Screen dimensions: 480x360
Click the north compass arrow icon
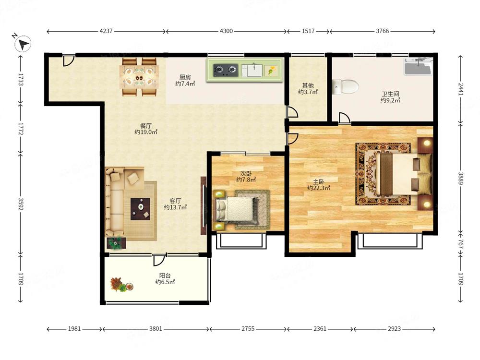[x=23, y=44]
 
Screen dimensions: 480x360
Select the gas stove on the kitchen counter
[x=226, y=70]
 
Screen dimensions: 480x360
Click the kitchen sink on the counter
[x=252, y=70]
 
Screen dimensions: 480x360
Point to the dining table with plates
[x=140, y=77]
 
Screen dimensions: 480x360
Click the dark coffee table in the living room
[x=140, y=209]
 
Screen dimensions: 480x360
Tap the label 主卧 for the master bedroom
[x=319, y=182]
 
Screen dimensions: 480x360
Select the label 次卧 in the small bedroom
[x=246, y=174]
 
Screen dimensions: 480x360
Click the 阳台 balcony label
[x=165, y=276]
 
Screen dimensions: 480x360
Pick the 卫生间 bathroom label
[x=390, y=94]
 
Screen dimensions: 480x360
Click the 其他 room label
[x=308, y=86]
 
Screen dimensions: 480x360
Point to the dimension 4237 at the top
[x=106, y=31]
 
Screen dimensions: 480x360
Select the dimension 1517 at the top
[x=308, y=31]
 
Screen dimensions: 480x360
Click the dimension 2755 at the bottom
[x=248, y=329]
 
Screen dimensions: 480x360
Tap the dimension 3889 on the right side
[x=461, y=179]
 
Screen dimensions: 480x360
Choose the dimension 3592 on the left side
[x=21, y=204]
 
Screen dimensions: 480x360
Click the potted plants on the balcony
[x=122, y=285]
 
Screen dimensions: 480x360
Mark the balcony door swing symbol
[x=159, y=260]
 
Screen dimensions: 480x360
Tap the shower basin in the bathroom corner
[x=418, y=66]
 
